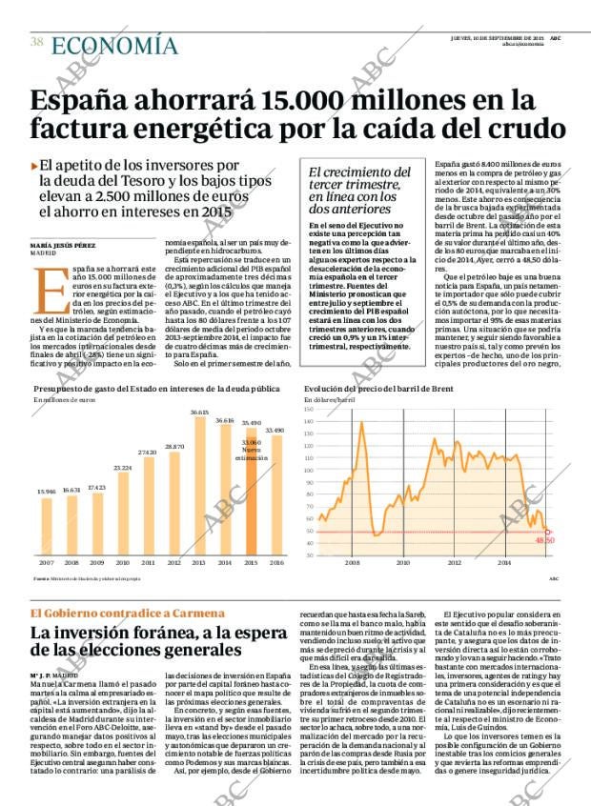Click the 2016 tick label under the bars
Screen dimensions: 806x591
(x=276, y=563)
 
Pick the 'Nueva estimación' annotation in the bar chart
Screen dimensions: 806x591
(x=250, y=453)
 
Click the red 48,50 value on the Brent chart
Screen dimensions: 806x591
(x=544, y=540)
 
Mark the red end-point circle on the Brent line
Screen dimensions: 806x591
(x=547, y=532)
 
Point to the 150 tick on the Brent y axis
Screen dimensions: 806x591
(x=309, y=410)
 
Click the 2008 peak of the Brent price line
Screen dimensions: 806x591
(x=361, y=421)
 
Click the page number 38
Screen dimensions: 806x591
(x=36, y=42)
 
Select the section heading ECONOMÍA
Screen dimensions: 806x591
(x=113, y=46)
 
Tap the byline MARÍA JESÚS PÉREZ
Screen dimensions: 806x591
(x=61, y=246)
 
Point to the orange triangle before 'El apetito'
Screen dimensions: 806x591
(x=34, y=166)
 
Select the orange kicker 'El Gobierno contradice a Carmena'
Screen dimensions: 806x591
(x=115, y=613)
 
